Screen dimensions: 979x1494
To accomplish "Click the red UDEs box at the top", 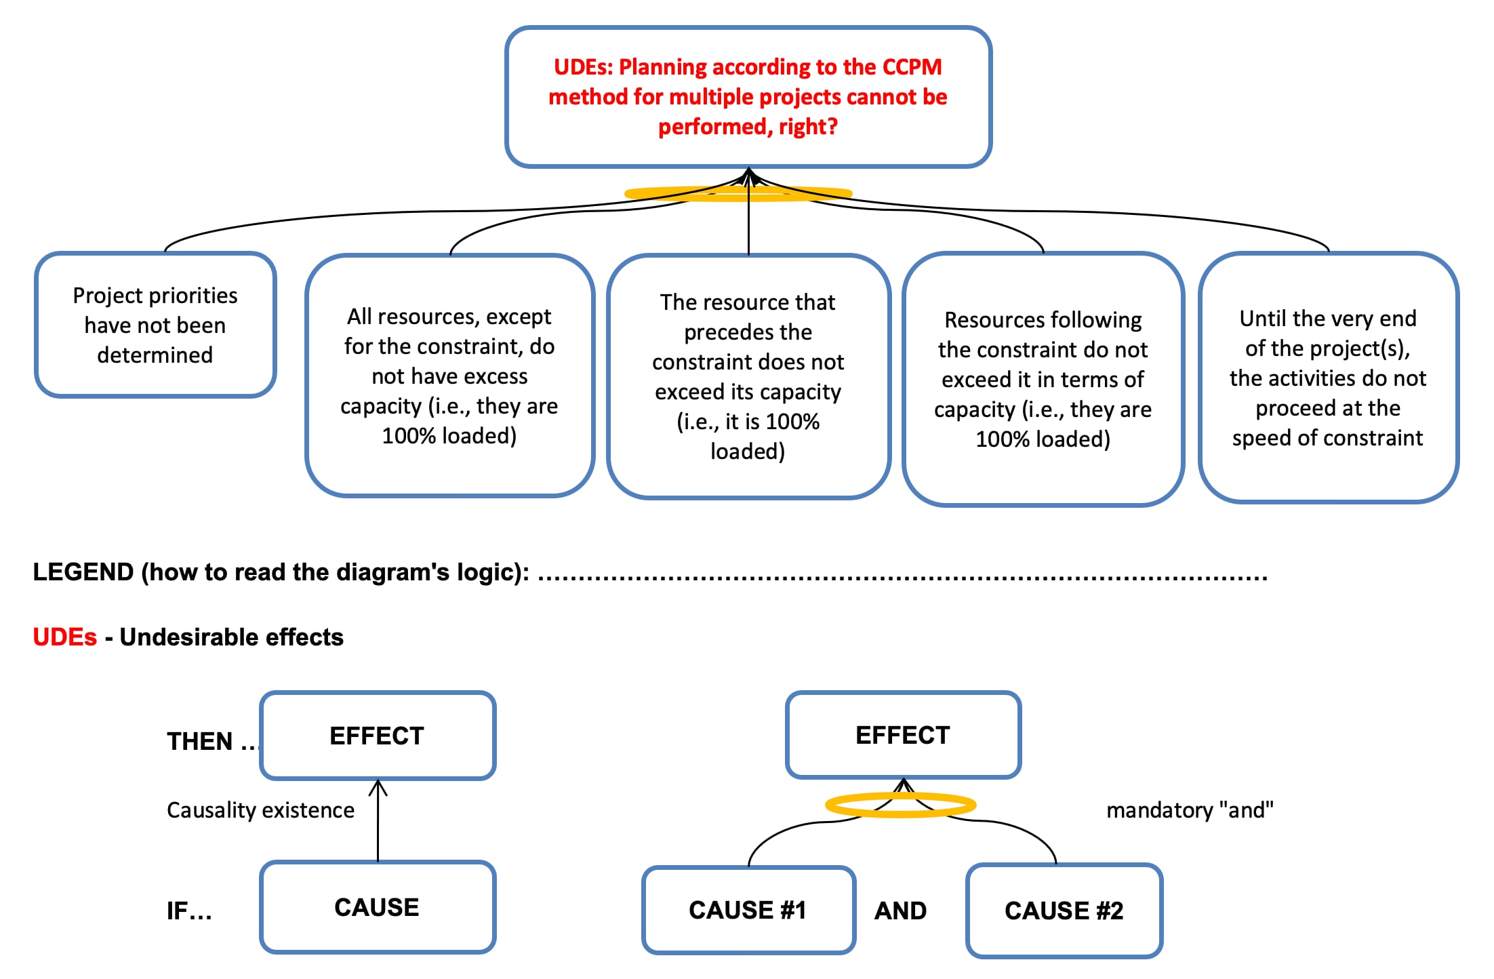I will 748,97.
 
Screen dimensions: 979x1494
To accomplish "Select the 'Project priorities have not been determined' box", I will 155,325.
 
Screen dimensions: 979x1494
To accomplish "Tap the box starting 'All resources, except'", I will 449,376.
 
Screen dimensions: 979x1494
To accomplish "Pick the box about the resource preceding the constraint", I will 748,377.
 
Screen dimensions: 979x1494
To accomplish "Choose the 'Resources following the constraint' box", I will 1043,379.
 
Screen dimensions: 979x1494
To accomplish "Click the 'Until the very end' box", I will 1328,378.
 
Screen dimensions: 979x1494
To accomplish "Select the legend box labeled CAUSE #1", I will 748,910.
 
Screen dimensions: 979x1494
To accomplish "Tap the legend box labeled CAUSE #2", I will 1064,911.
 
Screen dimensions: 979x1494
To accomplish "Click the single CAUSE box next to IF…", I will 378,907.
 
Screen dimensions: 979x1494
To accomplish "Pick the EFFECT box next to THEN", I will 378,736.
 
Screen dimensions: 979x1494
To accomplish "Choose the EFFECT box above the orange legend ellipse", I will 903,735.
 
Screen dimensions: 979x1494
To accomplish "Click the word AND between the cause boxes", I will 900,911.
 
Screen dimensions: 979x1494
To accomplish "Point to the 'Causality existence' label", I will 260,810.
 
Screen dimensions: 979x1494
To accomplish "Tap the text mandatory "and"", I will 1190,810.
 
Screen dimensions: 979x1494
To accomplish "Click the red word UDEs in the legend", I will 65,637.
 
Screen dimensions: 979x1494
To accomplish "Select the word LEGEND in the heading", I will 83,572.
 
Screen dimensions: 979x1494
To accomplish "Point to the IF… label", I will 189,911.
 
